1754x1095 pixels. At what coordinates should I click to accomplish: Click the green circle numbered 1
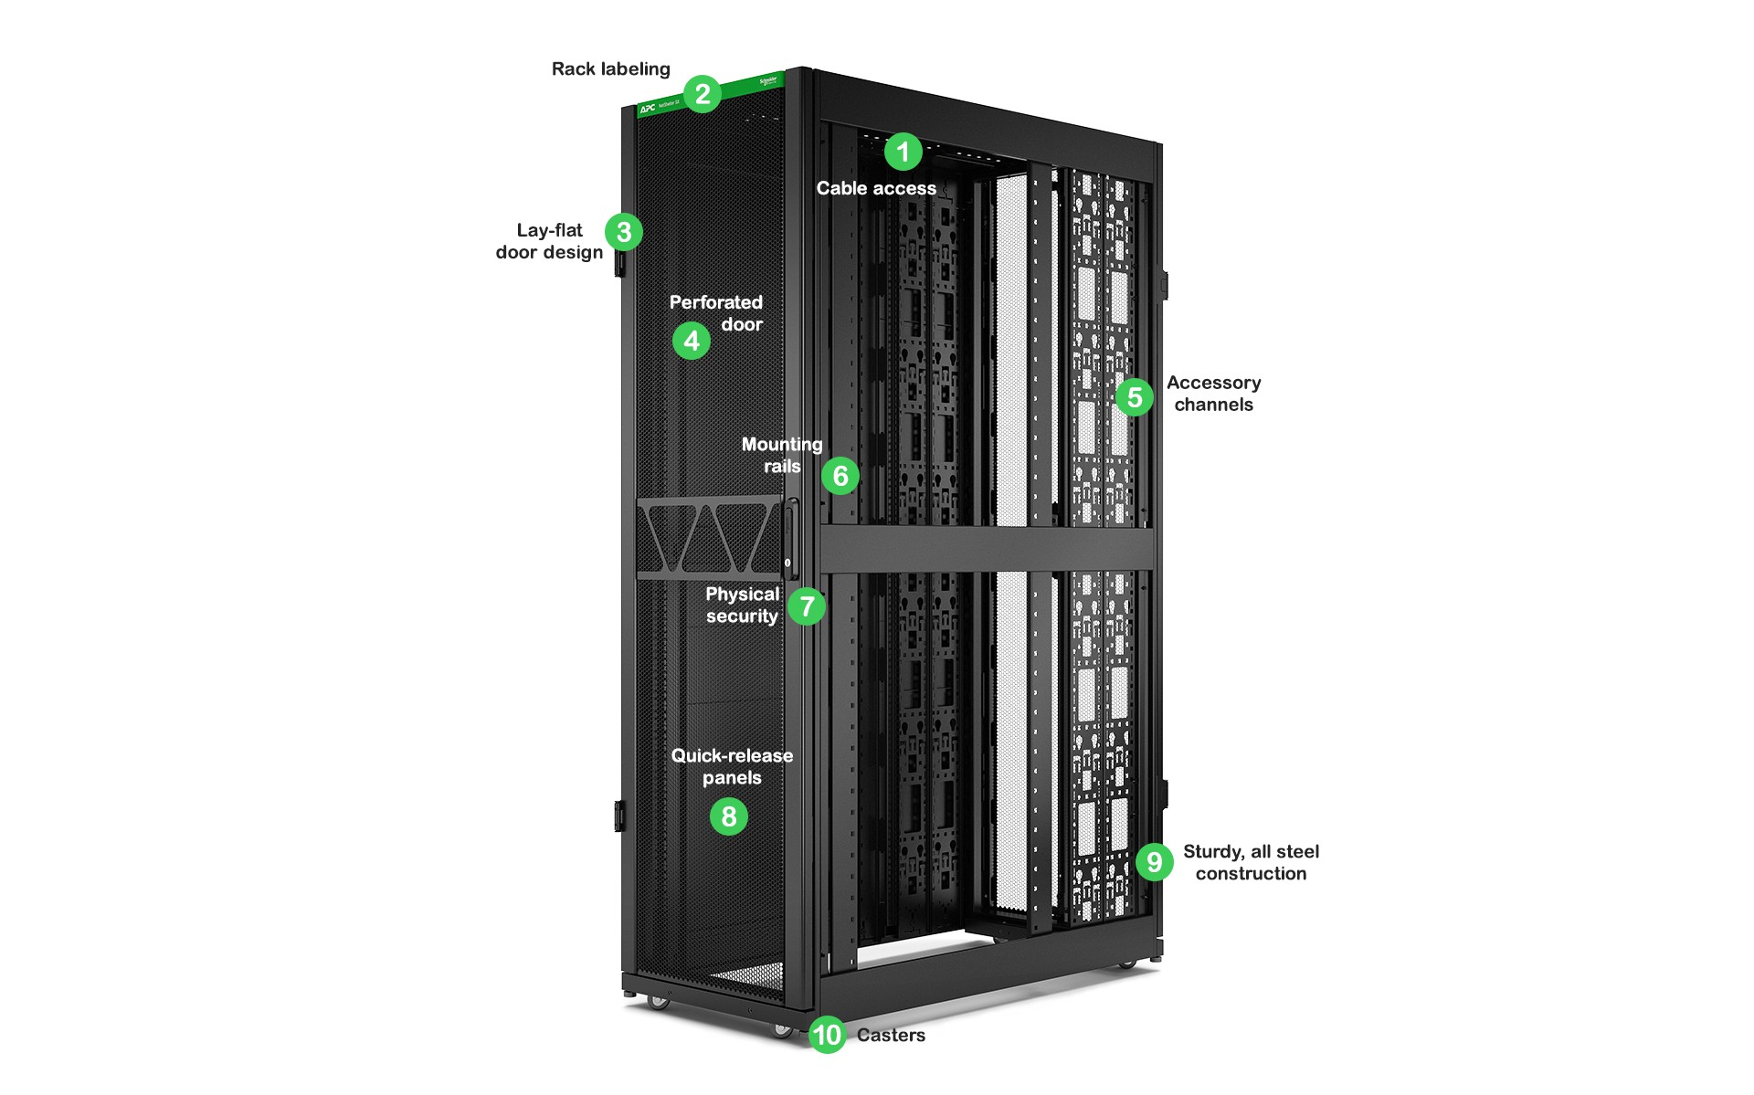pyautogui.click(x=903, y=152)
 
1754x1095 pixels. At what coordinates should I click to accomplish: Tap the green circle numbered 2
pyautogui.click(x=703, y=94)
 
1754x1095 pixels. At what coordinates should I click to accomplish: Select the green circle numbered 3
pyautogui.click(x=624, y=232)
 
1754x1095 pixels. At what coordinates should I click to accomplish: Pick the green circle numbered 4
pyautogui.click(x=692, y=342)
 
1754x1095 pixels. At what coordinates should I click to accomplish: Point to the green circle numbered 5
pyautogui.click(x=1135, y=397)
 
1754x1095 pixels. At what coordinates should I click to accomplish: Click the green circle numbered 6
pyautogui.click(x=840, y=476)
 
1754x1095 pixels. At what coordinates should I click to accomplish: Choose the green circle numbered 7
pyautogui.click(x=807, y=606)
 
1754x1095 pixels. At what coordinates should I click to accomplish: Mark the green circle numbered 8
pyautogui.click(x=729, y=816)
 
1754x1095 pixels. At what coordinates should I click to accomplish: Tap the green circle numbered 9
pyautogui.click(x=1155, y=862)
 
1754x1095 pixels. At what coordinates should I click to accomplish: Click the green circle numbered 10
pyautogui.click(x=828, y=1035)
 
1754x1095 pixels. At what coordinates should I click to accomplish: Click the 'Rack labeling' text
pyautogui.click(x=610, y=69)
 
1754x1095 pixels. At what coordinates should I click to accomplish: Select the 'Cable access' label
pyautogui.click(x=876, y=188)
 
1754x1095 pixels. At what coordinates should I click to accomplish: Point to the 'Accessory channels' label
pyautogui.click(x=1213, y=394)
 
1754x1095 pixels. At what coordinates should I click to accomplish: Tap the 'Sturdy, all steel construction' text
pyautogui.click(x=1251, y=862)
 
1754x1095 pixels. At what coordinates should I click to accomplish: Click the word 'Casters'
pyautogui.click(x=891, y=1035)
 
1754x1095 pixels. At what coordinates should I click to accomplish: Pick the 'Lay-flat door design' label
pyautogui.click(x=549, y=241)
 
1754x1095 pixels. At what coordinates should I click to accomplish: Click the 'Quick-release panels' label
pyautogui.click(x=732, y=766)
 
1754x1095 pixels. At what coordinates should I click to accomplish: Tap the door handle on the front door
pyautogui.click(x=790, y=539)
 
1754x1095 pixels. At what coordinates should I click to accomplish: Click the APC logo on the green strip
pyautogui.click(x=648, y=109)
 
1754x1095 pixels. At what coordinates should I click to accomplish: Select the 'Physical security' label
pyautogui.click(x=742, y=605)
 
